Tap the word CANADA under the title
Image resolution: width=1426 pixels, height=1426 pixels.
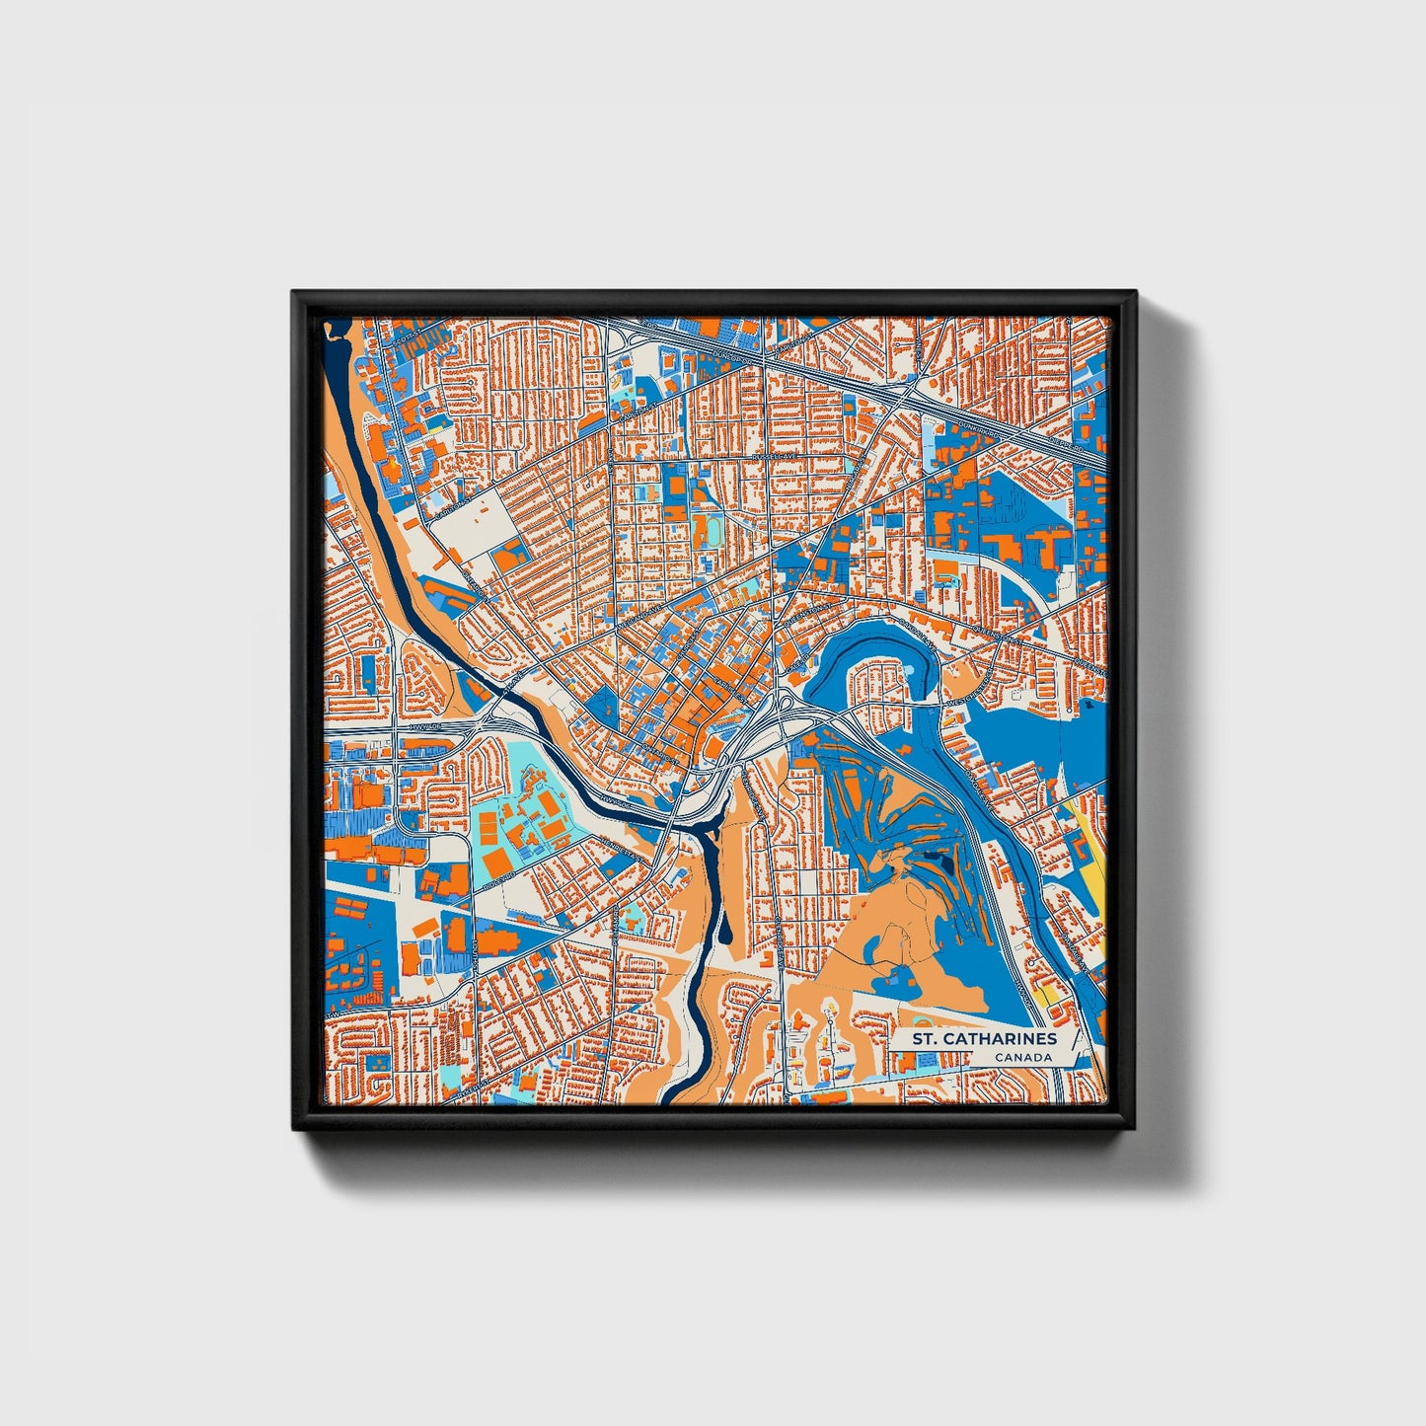click(1022, 1058)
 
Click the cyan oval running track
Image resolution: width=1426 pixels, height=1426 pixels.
click(708, 531)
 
